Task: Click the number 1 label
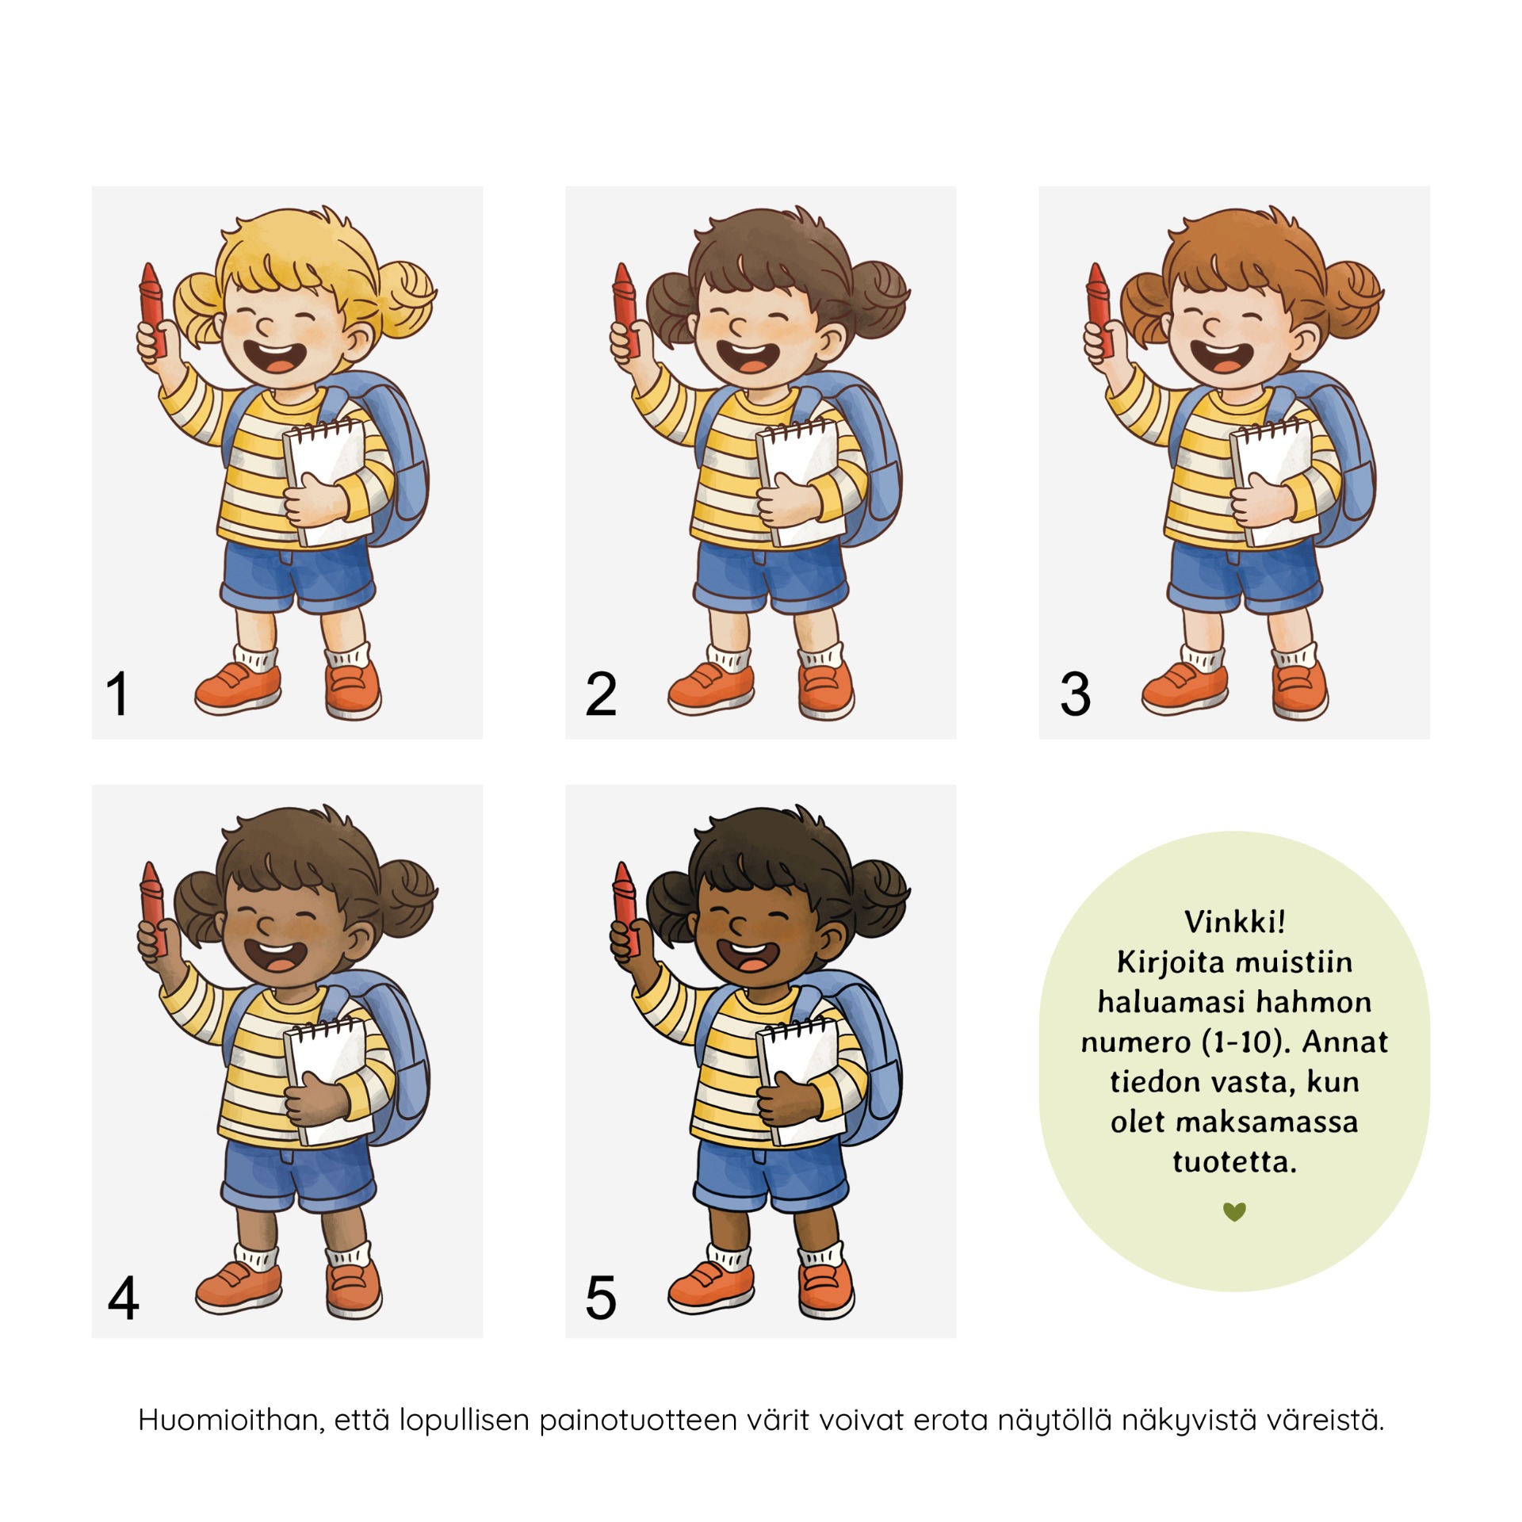pos(117,694)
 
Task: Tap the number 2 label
pos(601,694)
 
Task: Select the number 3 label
pos(1075,694)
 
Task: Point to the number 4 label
pos(124,1298)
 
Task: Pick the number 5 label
pos(601,1298)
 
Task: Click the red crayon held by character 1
pos(151,309)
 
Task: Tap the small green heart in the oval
pos(1234,1211)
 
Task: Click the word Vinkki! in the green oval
pos(1234,921)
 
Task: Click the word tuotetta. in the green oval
pos(1234,1162)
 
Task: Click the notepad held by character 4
pos(327,1081)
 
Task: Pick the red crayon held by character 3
pos(1099,309)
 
